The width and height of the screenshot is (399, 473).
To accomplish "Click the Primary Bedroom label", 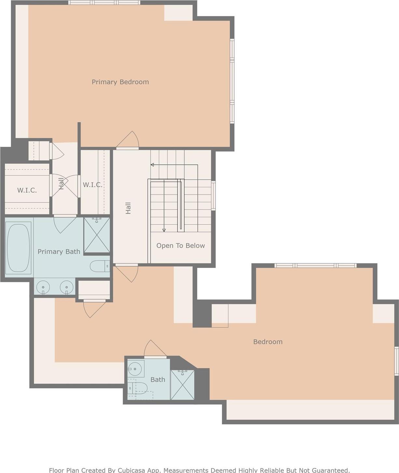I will point(120,82).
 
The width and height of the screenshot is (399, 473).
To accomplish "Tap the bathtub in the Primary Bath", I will point(18,247).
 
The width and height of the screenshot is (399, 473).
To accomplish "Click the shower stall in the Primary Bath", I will point(97,235).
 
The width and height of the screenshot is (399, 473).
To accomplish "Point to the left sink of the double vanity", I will point(43,287).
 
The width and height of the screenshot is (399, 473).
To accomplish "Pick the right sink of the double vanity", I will point(66,287).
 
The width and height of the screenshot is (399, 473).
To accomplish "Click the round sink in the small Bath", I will point(135,369).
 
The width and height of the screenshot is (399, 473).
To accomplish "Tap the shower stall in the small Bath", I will point(182,385).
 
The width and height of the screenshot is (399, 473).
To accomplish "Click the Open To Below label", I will point(181,246).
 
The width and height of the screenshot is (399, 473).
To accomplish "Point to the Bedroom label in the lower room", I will point(268,342).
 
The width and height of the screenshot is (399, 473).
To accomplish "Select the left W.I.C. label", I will point(27,190).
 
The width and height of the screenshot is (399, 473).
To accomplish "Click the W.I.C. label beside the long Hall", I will point(92,185).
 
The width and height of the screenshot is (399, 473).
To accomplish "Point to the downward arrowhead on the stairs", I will point(164,230).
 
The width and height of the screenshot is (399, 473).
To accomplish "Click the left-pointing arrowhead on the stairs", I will point(152,165).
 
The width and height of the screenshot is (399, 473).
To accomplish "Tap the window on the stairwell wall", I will point(213,195).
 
